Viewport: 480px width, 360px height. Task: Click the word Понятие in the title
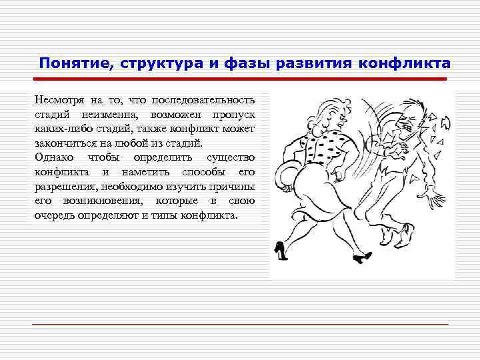pos(69,63)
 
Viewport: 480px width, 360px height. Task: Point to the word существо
pos(231,157)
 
